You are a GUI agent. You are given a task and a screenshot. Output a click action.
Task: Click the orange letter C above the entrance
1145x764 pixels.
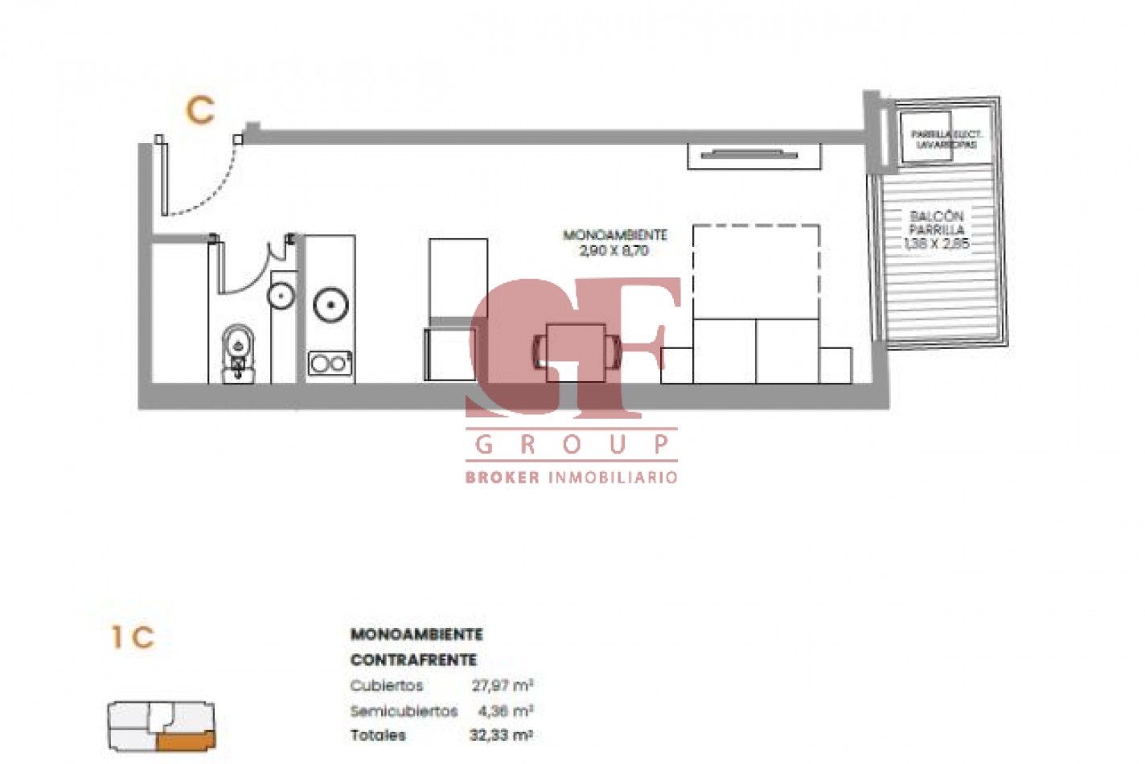tap(200, 110)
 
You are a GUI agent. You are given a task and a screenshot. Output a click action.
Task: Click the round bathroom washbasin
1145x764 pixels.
tap(281, 295)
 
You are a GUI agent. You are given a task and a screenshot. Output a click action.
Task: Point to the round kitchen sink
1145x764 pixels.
tap(330, 305)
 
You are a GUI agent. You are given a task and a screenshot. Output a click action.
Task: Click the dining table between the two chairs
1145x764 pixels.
tap(576, 351)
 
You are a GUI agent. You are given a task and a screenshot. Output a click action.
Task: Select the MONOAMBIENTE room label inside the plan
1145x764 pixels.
tap(615, 235)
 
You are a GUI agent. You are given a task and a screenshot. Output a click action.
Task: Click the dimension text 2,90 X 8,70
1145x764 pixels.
tap(614, 251)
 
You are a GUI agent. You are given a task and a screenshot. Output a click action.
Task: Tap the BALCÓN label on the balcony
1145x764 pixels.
tap(937, 216)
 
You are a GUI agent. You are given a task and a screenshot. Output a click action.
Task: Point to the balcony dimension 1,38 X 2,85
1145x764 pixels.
tap(937, 243)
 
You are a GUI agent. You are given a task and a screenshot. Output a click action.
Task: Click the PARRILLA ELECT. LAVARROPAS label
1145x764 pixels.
tap(946, 140)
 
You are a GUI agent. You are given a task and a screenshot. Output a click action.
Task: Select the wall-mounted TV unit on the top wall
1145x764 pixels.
tap(753, 155)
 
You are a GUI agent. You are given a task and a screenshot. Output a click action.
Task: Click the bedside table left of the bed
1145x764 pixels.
tap(676, 365)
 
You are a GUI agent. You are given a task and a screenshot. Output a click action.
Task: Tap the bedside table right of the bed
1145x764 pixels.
tap(835, 365)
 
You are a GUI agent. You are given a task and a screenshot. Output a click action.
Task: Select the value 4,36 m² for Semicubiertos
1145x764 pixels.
tap(505, 711)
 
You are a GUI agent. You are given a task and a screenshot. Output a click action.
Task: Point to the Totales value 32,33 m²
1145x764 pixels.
tap(501, 735)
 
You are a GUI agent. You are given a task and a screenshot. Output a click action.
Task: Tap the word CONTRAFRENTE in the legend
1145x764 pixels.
tap(413, 660)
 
